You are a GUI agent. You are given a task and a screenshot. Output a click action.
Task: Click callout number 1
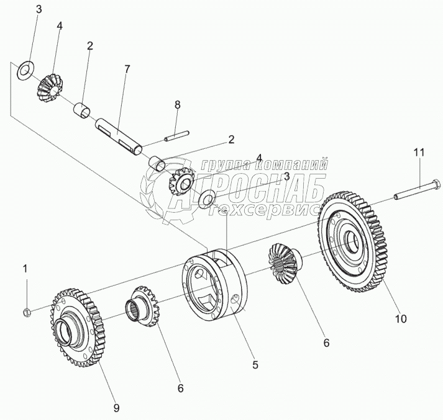tap(25, 269)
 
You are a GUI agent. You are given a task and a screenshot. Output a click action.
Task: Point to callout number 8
tap(177, 105)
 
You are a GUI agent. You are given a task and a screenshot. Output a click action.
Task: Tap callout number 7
tap(127, 69)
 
